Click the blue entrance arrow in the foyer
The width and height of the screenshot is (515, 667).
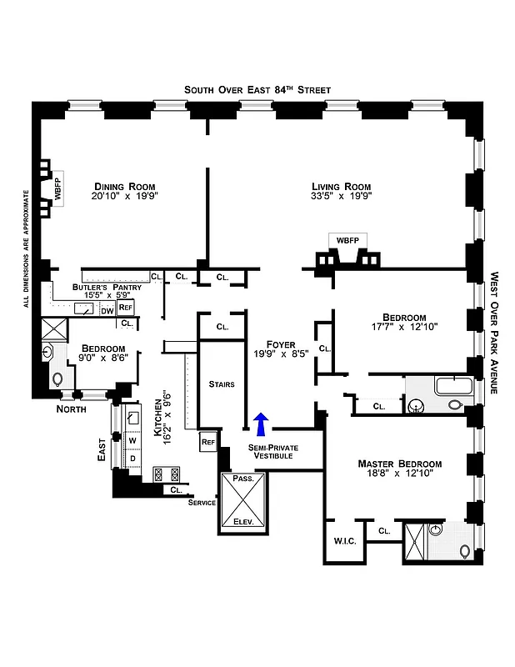262,424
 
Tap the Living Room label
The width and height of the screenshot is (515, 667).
341,187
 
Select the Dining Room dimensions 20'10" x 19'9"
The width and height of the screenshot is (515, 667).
126,198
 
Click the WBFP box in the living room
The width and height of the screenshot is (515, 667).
347,240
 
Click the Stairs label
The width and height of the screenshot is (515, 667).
222,384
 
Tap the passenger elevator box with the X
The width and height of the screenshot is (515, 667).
242,503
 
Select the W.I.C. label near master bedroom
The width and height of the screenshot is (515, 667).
345,542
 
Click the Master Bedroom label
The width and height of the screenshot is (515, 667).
399,464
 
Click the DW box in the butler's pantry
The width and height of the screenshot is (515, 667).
107,311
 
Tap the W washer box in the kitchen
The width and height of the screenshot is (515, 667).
132,439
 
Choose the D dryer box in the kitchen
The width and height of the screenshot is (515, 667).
132,459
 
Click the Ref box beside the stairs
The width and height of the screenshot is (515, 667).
207,441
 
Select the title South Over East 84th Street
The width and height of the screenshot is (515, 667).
257,89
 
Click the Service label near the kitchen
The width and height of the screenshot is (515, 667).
202,503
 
